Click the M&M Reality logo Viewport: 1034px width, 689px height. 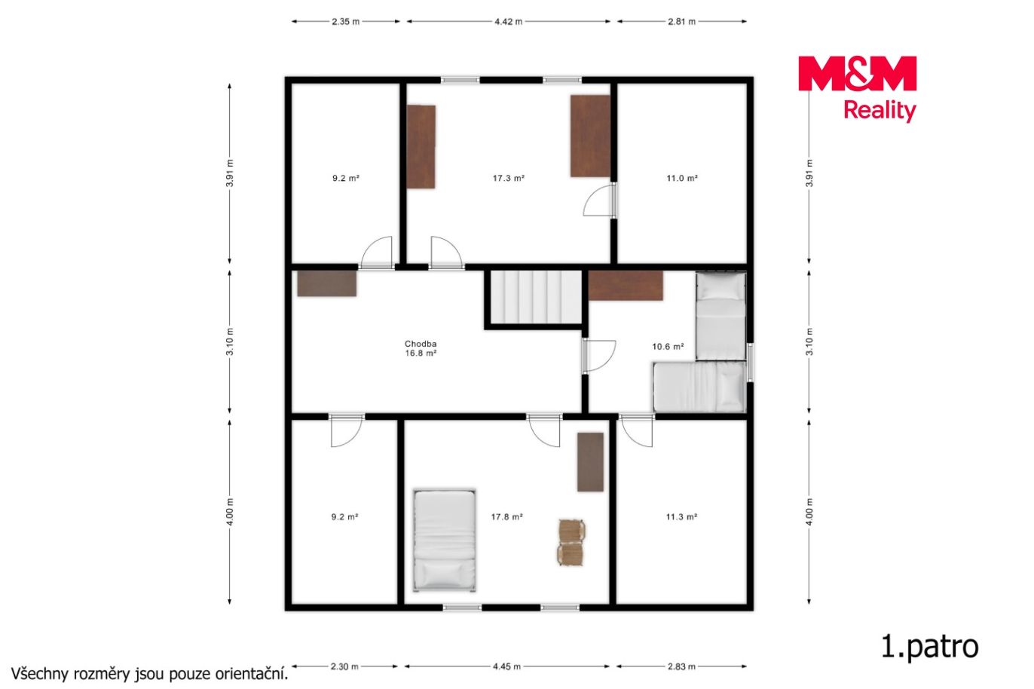(x=857, y=89)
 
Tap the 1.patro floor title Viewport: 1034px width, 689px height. (x=930, y=647)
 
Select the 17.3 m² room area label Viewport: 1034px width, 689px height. (x=508, y=178)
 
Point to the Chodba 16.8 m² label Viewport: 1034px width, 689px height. (x=421, y=348)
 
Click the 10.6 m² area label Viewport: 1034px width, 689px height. (x=668, y=346)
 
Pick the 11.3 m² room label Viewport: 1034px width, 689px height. (x=681, y=517)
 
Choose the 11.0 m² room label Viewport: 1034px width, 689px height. (x=682, y=178)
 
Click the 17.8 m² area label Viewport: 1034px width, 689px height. (x=506, y=517)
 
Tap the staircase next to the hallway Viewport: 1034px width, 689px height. (x=535, y=297)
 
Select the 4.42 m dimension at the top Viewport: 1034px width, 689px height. (x=508, y=21)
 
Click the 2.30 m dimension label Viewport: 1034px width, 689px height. (x=344, y=666)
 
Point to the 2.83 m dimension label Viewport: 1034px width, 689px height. (x=681, y=666)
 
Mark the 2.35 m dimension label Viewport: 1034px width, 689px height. (x=345, y=21)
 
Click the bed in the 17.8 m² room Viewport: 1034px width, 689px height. (x=444, y=540)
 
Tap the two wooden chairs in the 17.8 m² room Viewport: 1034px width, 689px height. (x=571, y=542)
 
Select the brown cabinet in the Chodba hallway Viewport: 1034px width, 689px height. (x=327, y=283)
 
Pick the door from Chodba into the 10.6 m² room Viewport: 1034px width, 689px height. (x=598, y=356)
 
